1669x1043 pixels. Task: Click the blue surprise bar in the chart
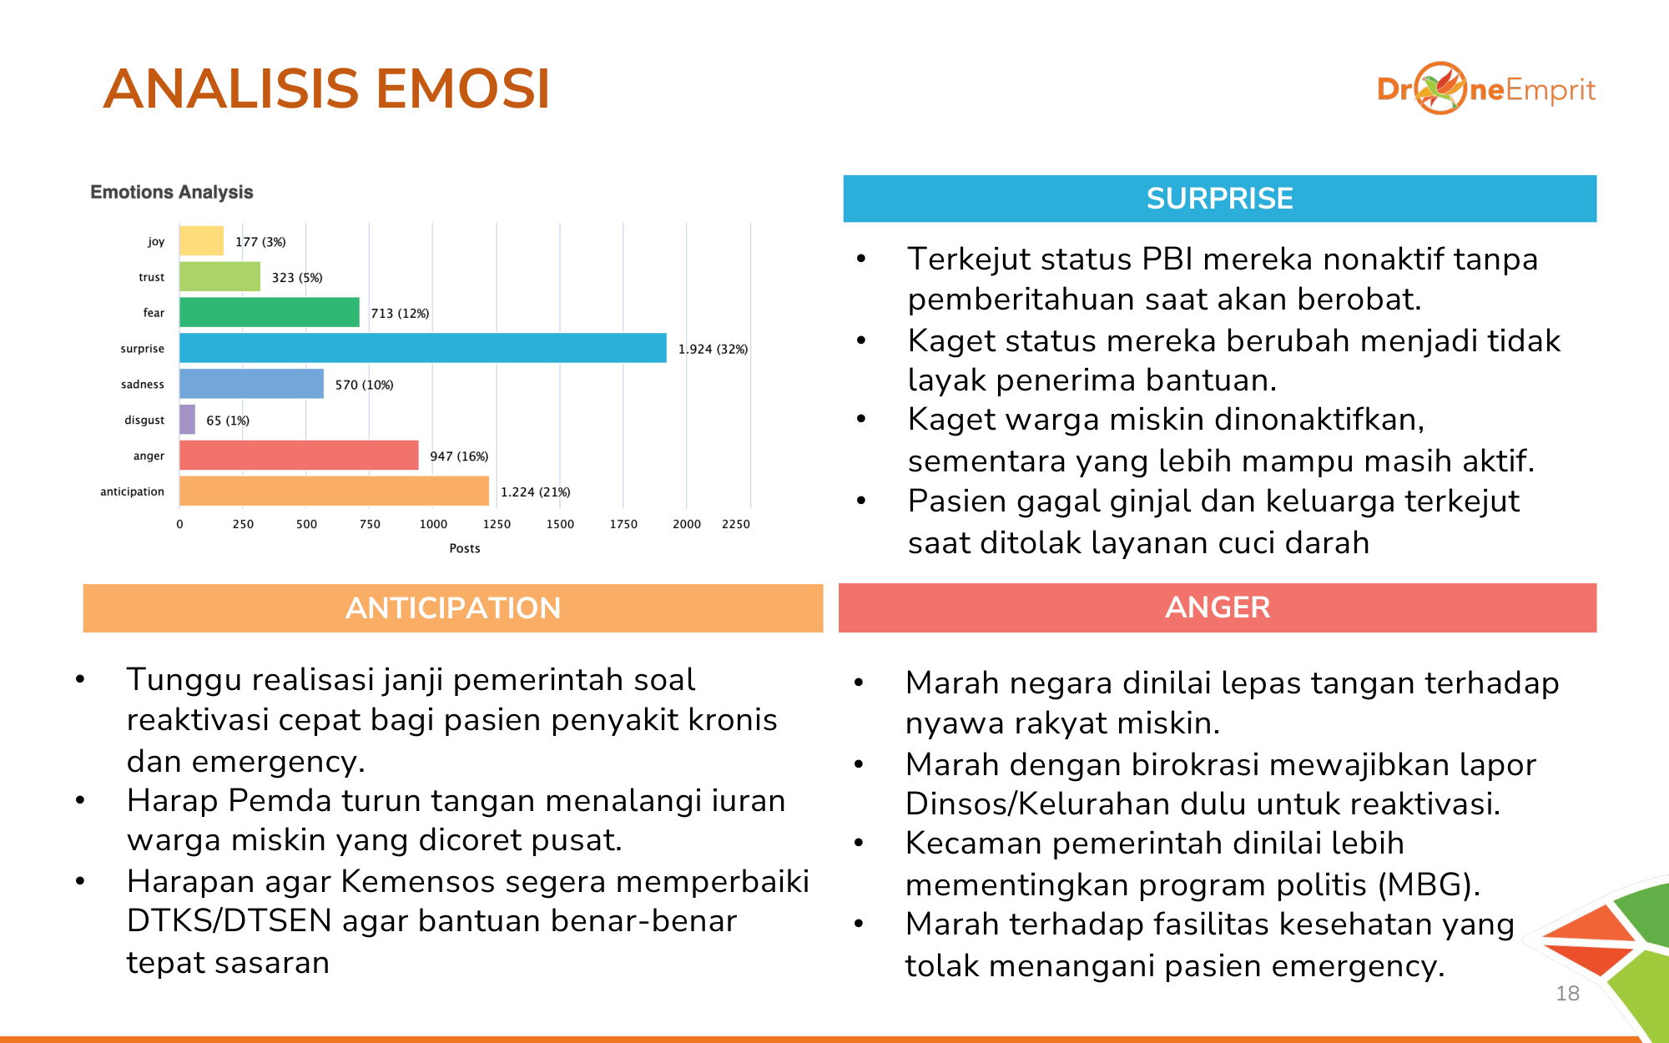point(423,348)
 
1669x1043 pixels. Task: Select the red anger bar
point(299,456)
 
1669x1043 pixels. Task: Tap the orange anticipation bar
point(334,491)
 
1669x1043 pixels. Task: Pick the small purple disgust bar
point(187,420)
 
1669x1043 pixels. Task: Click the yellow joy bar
point(201,241)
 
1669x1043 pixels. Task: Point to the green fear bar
point(270,312)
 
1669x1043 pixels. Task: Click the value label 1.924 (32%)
point(713,349)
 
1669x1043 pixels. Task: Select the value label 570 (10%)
point(364,385)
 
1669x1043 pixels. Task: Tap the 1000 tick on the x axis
point(433,524)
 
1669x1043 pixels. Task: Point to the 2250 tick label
point(736,524)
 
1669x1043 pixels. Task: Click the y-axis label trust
point(152,277)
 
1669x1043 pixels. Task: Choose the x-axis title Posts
point(465,548)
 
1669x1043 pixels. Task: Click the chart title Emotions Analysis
point(172,192)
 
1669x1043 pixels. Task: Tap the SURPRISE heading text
point(1219,199)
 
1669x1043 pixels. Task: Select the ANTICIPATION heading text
point(453,608)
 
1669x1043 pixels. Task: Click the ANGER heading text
point(1218,607)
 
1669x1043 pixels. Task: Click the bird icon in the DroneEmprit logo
point(1440,88)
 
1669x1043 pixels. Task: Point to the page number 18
point(1568,993)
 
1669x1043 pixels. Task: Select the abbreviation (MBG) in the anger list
point(1429,884)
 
